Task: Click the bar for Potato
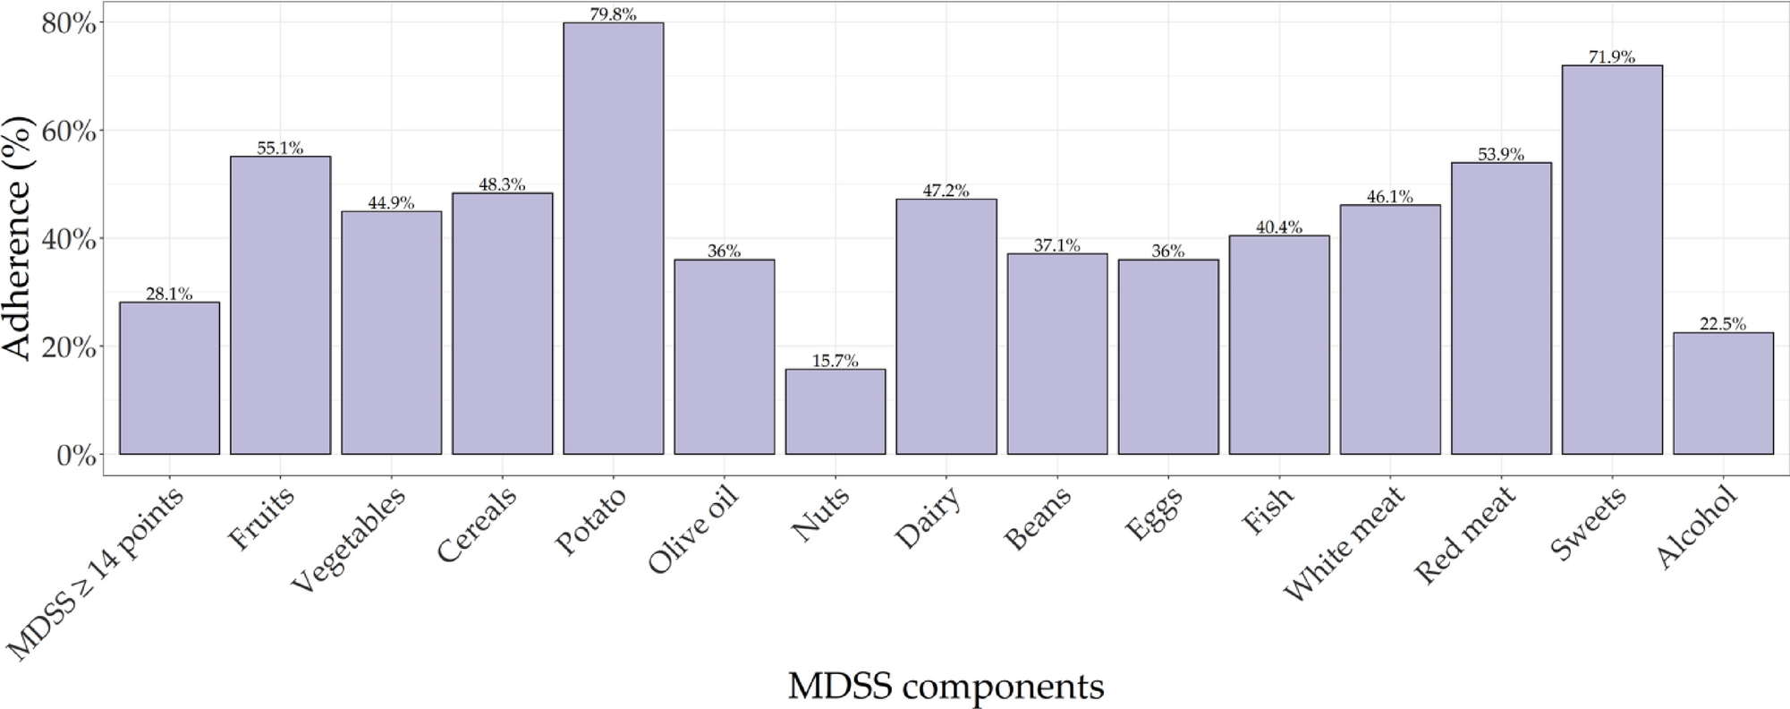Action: [x=613, y=238]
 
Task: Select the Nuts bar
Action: [x=835, y=412]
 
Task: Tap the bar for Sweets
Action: [x=1611, y=260]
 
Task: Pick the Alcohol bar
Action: [x=1722, y=394]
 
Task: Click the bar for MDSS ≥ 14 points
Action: [x=169, y=378]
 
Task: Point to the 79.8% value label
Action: [x=613, y=14]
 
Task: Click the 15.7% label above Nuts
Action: [x=835, y=361]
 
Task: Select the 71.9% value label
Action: [x=1611, y=57]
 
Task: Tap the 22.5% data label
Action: [x=1722, y=324]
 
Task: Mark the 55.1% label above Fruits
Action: [x=280, y=149]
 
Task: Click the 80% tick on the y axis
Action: [x=69, y=23]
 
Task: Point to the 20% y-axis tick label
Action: [x=69, y=347]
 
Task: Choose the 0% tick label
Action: [x=76, y=456]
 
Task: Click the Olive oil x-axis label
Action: [x=693, y=530]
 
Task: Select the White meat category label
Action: [x=1344, y=543]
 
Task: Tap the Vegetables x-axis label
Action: [x=349, y=539]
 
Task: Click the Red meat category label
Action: [x=1464, y=534]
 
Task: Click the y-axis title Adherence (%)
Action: [x=18, y=238]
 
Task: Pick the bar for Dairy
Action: [x=946, y=327]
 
